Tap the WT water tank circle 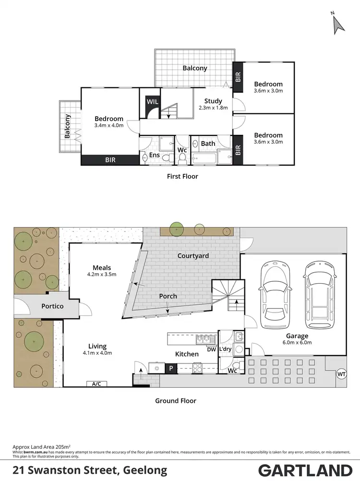point(341,373)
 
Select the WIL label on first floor point(152,102)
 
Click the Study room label point(213,101)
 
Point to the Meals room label point(102,268)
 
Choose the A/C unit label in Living point(96,384)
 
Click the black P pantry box point(170,369)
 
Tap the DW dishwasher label point(211,349)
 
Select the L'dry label point(226,349)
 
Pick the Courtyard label point(193,256)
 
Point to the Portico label point(52,306)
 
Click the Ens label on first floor point(154,155)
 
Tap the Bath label point(208,144)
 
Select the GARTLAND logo point(305,469)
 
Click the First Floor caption point(182,176)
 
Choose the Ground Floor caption point(176,400)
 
